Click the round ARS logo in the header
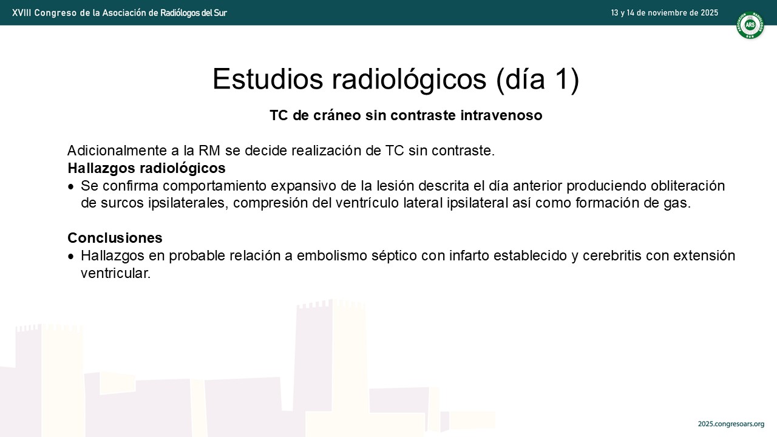tap(750, 25)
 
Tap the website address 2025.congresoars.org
tap(731, 424)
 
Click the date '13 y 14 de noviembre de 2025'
tap(664, 13)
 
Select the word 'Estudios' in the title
tap(268, 79)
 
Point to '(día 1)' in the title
tap(538, 80)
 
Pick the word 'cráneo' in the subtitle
tap(337, 115)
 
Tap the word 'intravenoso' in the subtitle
tap(501, 115)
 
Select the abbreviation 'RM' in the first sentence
tap(209, 151)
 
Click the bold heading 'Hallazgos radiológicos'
tap(146, 168)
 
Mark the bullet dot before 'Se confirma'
tap(71, 187)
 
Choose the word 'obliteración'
tap(688, 186)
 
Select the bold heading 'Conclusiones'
tap(115, 238)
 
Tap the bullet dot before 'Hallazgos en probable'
tap(71, 257)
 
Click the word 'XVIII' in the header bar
tap(21, 13)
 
